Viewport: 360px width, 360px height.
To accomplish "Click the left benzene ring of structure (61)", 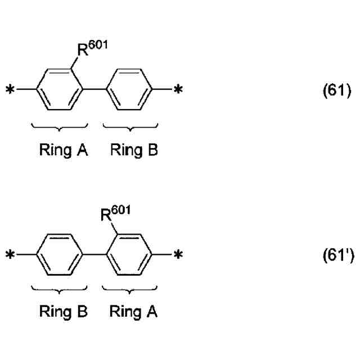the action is coord(62,89).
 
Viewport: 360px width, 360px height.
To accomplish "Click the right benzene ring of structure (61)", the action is coord(129,89).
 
